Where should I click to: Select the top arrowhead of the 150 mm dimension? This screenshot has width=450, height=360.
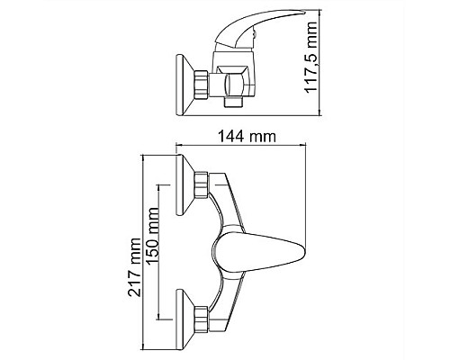point(159,186)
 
